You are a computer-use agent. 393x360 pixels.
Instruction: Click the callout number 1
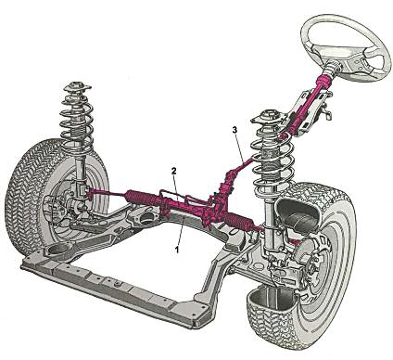coord(177,250)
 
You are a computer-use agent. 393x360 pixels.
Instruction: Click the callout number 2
coord(174,171)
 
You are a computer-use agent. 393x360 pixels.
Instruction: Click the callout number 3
coord(235,130)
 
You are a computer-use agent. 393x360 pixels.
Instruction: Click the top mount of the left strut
coord(77,87)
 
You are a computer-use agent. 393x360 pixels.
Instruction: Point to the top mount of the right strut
coord(269,117)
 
